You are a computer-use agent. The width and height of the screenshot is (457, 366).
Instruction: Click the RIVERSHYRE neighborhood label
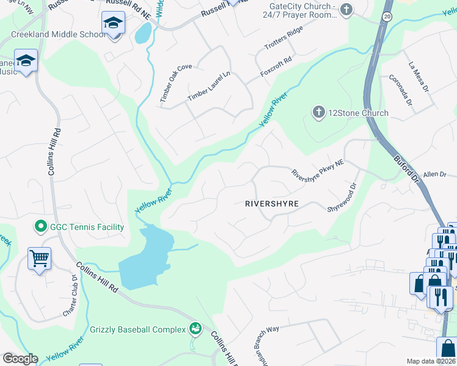pos(271,204)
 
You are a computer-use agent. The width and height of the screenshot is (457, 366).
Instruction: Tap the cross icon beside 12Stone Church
pos(318,112)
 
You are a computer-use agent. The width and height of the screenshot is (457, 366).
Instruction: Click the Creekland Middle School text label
pos(58,34)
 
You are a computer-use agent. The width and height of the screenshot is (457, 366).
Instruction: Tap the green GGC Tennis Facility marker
pos(41,227)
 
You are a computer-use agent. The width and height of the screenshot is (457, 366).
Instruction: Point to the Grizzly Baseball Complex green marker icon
pos(195,329)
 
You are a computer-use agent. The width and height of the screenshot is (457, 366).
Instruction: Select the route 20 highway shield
pos(387,16)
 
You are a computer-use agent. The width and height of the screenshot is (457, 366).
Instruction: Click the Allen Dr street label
pos(435,174)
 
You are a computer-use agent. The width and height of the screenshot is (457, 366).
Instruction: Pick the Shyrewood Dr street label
pos(342,196)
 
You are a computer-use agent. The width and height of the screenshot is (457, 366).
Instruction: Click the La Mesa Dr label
pos(420,74)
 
